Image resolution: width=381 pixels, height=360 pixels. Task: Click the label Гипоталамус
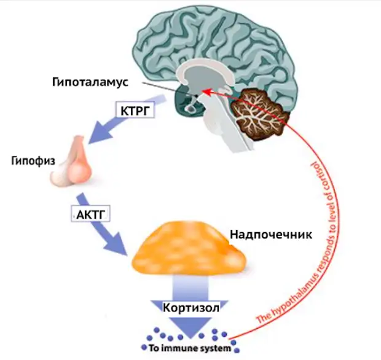[90, 83]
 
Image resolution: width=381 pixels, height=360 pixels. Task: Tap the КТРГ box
[135, 111]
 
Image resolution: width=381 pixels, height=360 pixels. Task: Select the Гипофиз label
[33, 162]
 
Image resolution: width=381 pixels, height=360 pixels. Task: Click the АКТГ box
[90, 214]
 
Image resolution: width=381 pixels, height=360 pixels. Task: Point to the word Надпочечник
[271, 235]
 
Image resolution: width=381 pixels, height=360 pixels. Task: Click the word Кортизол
[191, 308]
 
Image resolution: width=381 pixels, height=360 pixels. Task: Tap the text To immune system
[190, 348]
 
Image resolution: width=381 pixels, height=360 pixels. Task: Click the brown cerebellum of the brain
[260, 114]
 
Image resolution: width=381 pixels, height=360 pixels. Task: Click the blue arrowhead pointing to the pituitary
[100, 132]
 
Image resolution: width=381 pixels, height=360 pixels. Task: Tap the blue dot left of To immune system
[144, 347]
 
